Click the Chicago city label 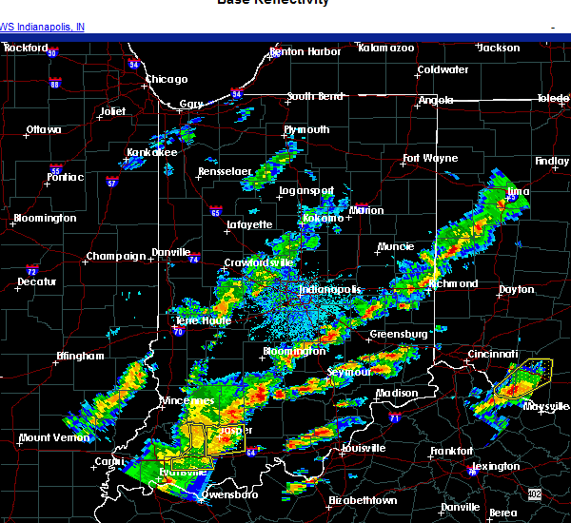tap(167, 79)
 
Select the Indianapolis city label tap(330, 290)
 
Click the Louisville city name tap(363, 448)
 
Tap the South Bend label tap(314, 96)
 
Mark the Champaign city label tap(116, 257)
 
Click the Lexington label tap(498, 466)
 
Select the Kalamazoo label tap(386, 48)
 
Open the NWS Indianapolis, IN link tap(42, 27)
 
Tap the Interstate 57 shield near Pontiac tap(112, 183)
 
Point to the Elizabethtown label tap(364, 500)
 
